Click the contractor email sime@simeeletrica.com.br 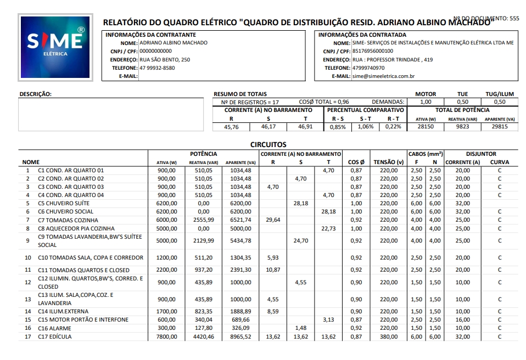tap(383, 76)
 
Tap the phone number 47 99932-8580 tap(157, 68)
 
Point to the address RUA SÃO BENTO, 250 tap(165, 59)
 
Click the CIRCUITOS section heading tap(268, 145)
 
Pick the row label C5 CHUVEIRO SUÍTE tap(64, 204)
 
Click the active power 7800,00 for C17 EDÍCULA tap(166, 337)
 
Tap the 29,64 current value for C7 tap(273, 220)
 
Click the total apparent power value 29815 tap(499, 127)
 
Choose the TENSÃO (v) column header tap(388, 162)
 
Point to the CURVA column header tap(499, 162)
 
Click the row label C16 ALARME tap(54, 328)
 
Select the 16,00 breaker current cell tap(463, 320)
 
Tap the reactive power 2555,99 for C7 tap(204, 220)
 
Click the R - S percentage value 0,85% tap(338, 127)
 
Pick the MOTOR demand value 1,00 tap(425, 102)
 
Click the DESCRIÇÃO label tap(36, 94)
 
